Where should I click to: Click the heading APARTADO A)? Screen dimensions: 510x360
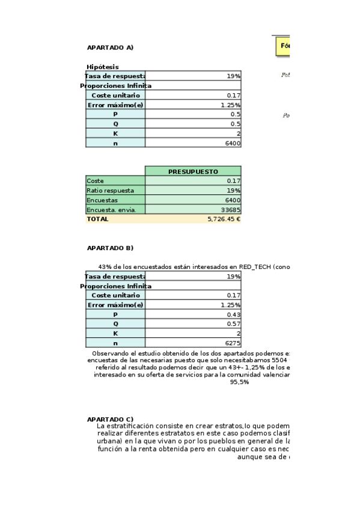tap(110, 47)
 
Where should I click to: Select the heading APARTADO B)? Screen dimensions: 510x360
tap(110, 248)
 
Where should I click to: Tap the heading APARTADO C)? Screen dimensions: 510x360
tap(110, 419)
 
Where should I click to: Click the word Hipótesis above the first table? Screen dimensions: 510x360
tap(103, 67)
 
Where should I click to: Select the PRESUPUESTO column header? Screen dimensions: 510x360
tap(193, 171)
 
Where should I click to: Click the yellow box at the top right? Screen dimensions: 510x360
tap(282, 46)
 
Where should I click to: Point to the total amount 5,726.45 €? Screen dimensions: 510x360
tap(224, 219)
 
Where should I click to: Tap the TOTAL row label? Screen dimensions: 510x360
tap(98, 219)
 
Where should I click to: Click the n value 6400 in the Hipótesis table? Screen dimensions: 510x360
tap(232, 143)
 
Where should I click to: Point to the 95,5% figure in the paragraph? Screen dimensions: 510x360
tap(240, 382)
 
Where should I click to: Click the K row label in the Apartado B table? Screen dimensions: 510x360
tap(115, 333)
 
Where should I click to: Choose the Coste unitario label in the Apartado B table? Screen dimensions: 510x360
tap(115, 295)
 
